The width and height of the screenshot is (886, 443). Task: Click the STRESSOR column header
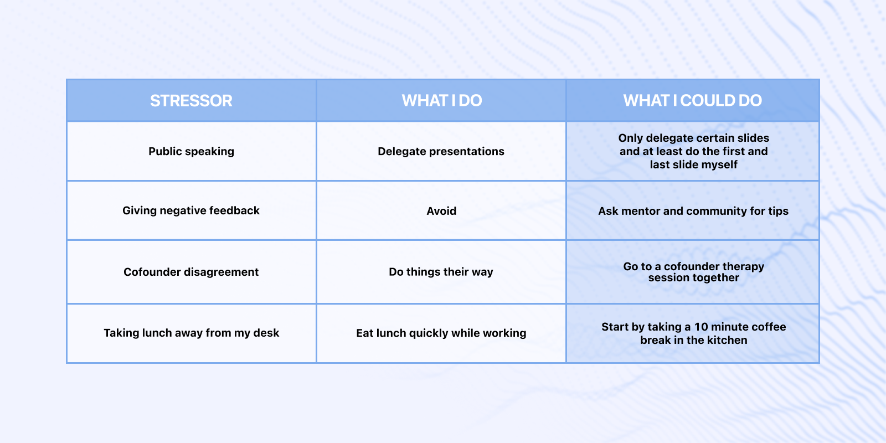point(191,100)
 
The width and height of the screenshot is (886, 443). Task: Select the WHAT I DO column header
point(441,100)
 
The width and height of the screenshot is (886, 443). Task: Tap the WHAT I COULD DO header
point(693,100)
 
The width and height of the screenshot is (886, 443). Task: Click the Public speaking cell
point(191,152)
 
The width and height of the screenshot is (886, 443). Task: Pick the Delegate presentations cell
point(441,152)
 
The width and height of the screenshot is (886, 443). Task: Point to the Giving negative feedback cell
point(191,210)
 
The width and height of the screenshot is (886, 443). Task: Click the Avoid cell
point(441,211)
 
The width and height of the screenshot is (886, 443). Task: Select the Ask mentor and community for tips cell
point(693,211)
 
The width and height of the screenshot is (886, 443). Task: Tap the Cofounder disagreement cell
point(191,272)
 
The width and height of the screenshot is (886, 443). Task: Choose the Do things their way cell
point(441,272)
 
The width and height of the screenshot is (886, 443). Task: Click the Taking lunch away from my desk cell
point(192,333)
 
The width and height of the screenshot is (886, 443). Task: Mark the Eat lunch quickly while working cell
point(441,333)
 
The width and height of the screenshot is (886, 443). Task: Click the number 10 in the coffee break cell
point(701,327)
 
